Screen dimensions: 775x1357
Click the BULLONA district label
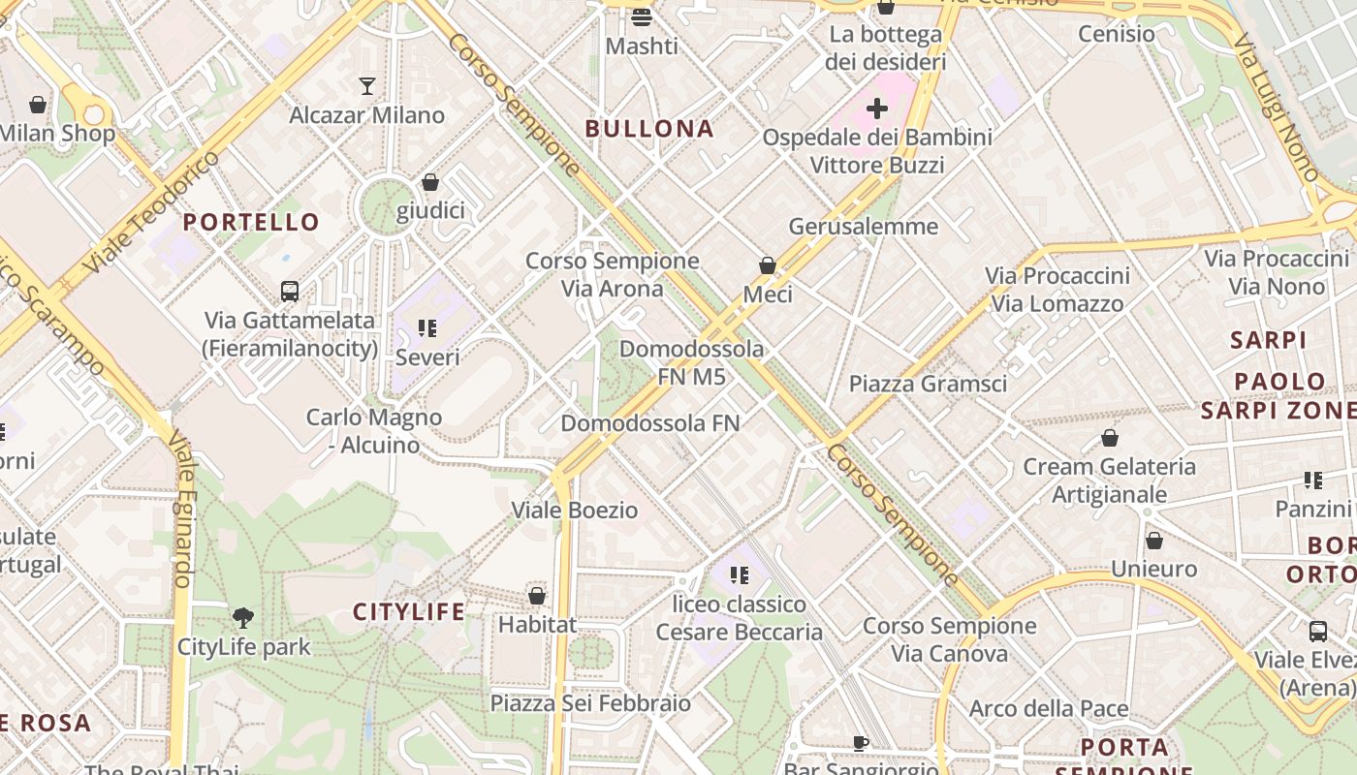click(649, 129)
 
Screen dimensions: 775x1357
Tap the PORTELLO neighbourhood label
click(251, 222)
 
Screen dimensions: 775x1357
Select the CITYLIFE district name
click(408, 612)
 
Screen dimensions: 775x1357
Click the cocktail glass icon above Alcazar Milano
click(366, 86)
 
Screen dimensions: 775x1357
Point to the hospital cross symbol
click(876, 108)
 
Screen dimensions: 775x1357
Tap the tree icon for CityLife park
click(243, 617)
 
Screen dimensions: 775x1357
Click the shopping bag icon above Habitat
click(536, 595)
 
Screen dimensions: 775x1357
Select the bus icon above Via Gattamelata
click(289, 291)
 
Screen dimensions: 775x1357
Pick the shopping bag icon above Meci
click(767, 264)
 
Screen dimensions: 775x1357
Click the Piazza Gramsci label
click(928, 384)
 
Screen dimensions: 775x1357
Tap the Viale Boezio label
click(575, 511)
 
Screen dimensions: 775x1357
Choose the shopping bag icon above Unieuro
click(1153, 541)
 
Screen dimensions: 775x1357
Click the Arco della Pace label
click(1049, 709)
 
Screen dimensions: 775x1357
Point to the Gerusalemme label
click(864, 227)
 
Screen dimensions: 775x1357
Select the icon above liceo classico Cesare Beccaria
click(740, 575)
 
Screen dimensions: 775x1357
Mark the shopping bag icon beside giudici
click(430, 182)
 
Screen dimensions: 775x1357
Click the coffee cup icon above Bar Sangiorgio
click(860, 743)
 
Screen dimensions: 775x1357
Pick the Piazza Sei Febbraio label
click(590, 703)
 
